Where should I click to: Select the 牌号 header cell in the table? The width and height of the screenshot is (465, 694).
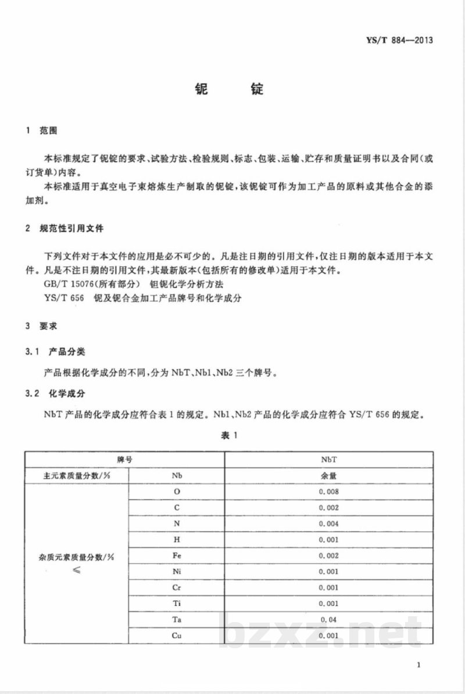point(124,459)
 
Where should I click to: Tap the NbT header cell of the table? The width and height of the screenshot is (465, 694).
point(329,459)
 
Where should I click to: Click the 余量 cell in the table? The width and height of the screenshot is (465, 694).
point(329,475)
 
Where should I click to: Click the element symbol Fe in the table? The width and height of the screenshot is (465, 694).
point(177,555)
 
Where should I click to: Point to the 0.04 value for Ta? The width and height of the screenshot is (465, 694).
point(329,620)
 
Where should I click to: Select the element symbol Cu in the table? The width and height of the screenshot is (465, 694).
point(177,635)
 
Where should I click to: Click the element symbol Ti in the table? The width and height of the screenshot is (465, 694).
point(177,603)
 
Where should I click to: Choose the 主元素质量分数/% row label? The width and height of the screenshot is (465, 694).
point(76,475)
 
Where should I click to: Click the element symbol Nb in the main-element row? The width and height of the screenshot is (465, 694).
point(177,475)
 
